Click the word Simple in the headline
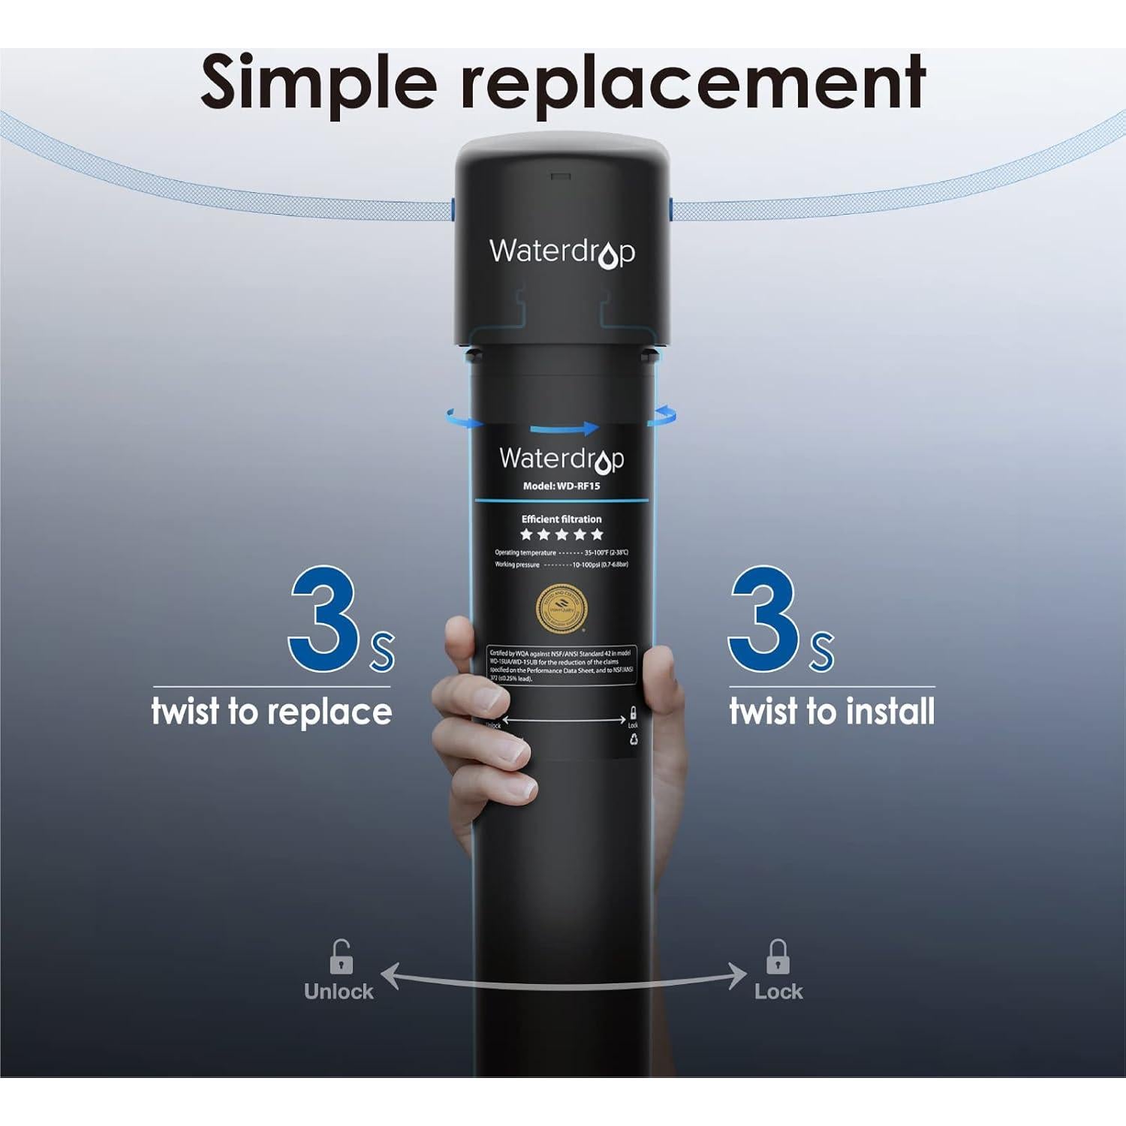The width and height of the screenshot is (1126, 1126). (318, 83)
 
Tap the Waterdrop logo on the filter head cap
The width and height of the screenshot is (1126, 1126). (561, 252)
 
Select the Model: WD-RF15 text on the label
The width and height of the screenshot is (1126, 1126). (561, 486)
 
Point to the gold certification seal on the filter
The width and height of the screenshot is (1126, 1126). (561, 608)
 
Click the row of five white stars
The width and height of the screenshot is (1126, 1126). (561, 534)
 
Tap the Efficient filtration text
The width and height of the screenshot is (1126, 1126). (561, 519)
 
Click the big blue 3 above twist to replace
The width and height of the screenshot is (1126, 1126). (324, 619)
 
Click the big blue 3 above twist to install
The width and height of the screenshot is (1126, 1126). (764, 619)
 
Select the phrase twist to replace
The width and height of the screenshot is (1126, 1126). (272, 711)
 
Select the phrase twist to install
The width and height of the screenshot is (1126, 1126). (832, 711)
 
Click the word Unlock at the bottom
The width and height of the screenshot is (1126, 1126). (339, 992)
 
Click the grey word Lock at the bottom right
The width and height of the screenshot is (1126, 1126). (778, 992)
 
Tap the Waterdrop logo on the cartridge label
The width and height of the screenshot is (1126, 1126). (561, 459)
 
